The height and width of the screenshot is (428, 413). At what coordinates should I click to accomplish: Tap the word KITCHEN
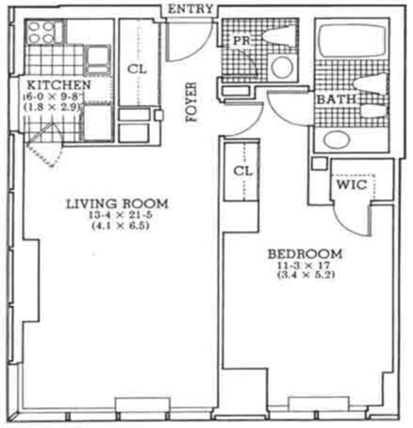(x=58, y=86)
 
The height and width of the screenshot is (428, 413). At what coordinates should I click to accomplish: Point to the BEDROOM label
(x=304, y=254)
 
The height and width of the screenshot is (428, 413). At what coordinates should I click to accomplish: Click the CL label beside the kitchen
(x=136, y=68)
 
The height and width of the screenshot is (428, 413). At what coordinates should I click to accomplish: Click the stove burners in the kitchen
(x=42, y=35)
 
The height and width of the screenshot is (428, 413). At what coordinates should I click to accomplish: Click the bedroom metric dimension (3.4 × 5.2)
(x=304, y=281)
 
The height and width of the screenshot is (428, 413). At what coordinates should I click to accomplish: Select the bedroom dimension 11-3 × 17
(x=304, y=267)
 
